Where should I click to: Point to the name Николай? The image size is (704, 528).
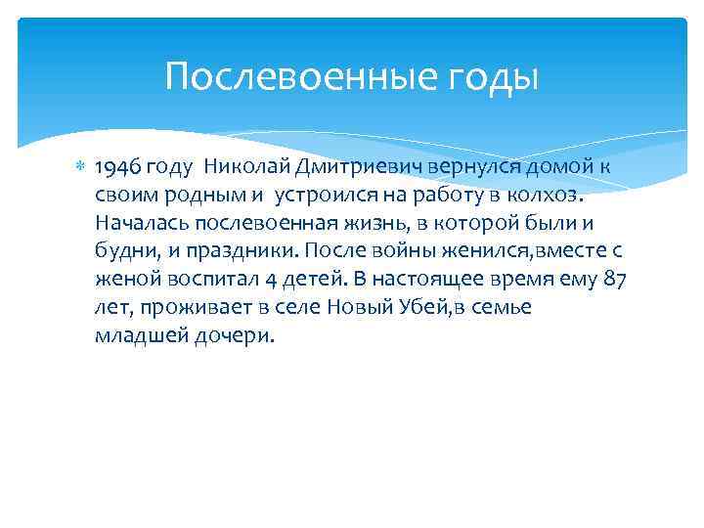242,166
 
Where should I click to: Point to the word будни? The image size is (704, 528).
123,251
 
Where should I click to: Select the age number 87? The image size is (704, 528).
614,280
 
